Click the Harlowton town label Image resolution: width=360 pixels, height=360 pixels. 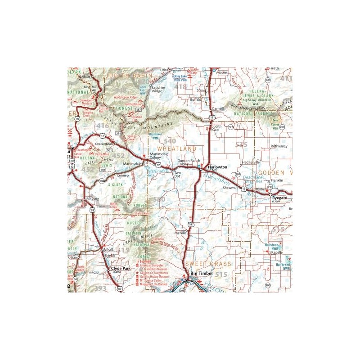coord(218,167)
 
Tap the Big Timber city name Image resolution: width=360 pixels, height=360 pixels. coord(200,273)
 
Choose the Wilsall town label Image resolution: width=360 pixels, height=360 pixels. coord(108,249)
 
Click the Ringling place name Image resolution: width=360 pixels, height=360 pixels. coord(93,198)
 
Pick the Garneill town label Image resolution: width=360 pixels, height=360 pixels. coord(218,109)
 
